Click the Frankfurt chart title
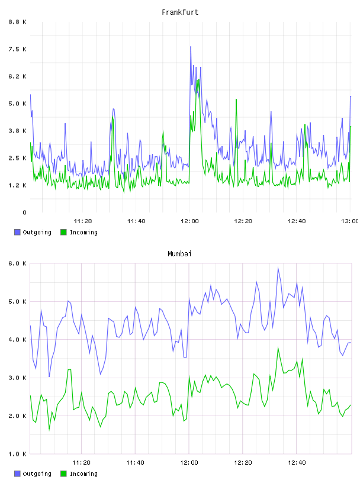(180, 12)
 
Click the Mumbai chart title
(179, 254)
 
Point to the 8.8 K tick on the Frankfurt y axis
(18, 22)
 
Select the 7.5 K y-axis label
(18, 49)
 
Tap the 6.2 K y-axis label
(18, 76)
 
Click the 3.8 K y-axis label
(18, 131)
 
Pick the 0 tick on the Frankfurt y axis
(24, 212)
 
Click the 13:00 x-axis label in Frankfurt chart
(350, 221)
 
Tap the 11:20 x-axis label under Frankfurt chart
(83, 221)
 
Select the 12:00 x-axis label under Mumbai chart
(189, 463)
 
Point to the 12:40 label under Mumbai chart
(297, 463)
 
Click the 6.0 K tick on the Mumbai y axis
(18, 263)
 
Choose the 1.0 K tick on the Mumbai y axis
(18, 454)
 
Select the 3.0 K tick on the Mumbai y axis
(18, 378)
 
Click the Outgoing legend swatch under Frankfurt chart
(17, 232)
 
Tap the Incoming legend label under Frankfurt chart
(83, 233)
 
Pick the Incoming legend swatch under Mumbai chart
(63, 474)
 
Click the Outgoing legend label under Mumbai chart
(37, 474)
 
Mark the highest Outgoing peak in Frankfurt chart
(191, 47)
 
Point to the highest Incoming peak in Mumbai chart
(278, 347)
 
